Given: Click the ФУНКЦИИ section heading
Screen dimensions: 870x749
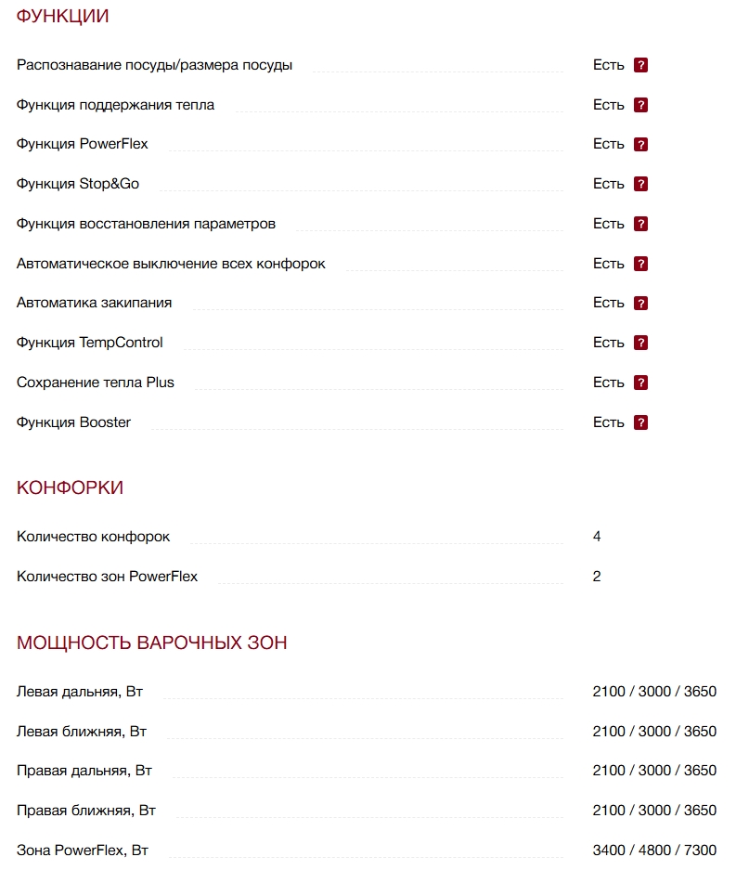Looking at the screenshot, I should [62, 16].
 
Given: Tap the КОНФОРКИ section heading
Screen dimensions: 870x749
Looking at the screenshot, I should [70, 488].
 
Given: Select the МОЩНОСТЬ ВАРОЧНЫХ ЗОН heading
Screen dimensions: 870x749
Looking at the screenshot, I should [151, 643].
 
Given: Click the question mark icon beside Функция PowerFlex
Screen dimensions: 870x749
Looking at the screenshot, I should [640, 145].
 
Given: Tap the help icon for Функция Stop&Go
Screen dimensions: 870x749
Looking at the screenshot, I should [640, 184].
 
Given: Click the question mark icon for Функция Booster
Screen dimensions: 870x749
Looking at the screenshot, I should [640, 422].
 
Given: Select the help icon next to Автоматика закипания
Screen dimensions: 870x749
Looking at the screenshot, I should [640, 304].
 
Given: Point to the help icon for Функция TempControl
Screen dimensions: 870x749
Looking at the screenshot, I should [640, 343].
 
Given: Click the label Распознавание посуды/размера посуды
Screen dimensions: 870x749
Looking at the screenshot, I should [154, 65].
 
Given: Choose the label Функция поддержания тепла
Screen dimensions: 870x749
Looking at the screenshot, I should [115, 105].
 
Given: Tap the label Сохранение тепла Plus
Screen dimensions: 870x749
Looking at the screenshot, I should [95, 383].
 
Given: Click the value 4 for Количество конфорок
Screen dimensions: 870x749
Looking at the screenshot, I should [597, 537].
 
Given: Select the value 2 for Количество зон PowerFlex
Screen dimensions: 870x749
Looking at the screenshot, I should [597, 577].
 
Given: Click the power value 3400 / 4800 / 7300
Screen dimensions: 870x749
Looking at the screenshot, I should [654, 851].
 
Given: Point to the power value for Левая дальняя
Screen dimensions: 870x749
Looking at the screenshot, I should [654, 692].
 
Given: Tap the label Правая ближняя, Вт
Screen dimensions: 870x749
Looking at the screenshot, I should [86, 811].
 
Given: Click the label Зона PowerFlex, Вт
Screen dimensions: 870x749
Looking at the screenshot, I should [83, 851].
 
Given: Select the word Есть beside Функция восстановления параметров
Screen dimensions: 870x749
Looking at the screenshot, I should [609, 224].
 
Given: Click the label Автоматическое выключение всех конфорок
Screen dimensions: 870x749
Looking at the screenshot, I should [171, 264].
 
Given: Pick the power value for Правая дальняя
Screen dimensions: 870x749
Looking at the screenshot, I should [654, 771].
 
